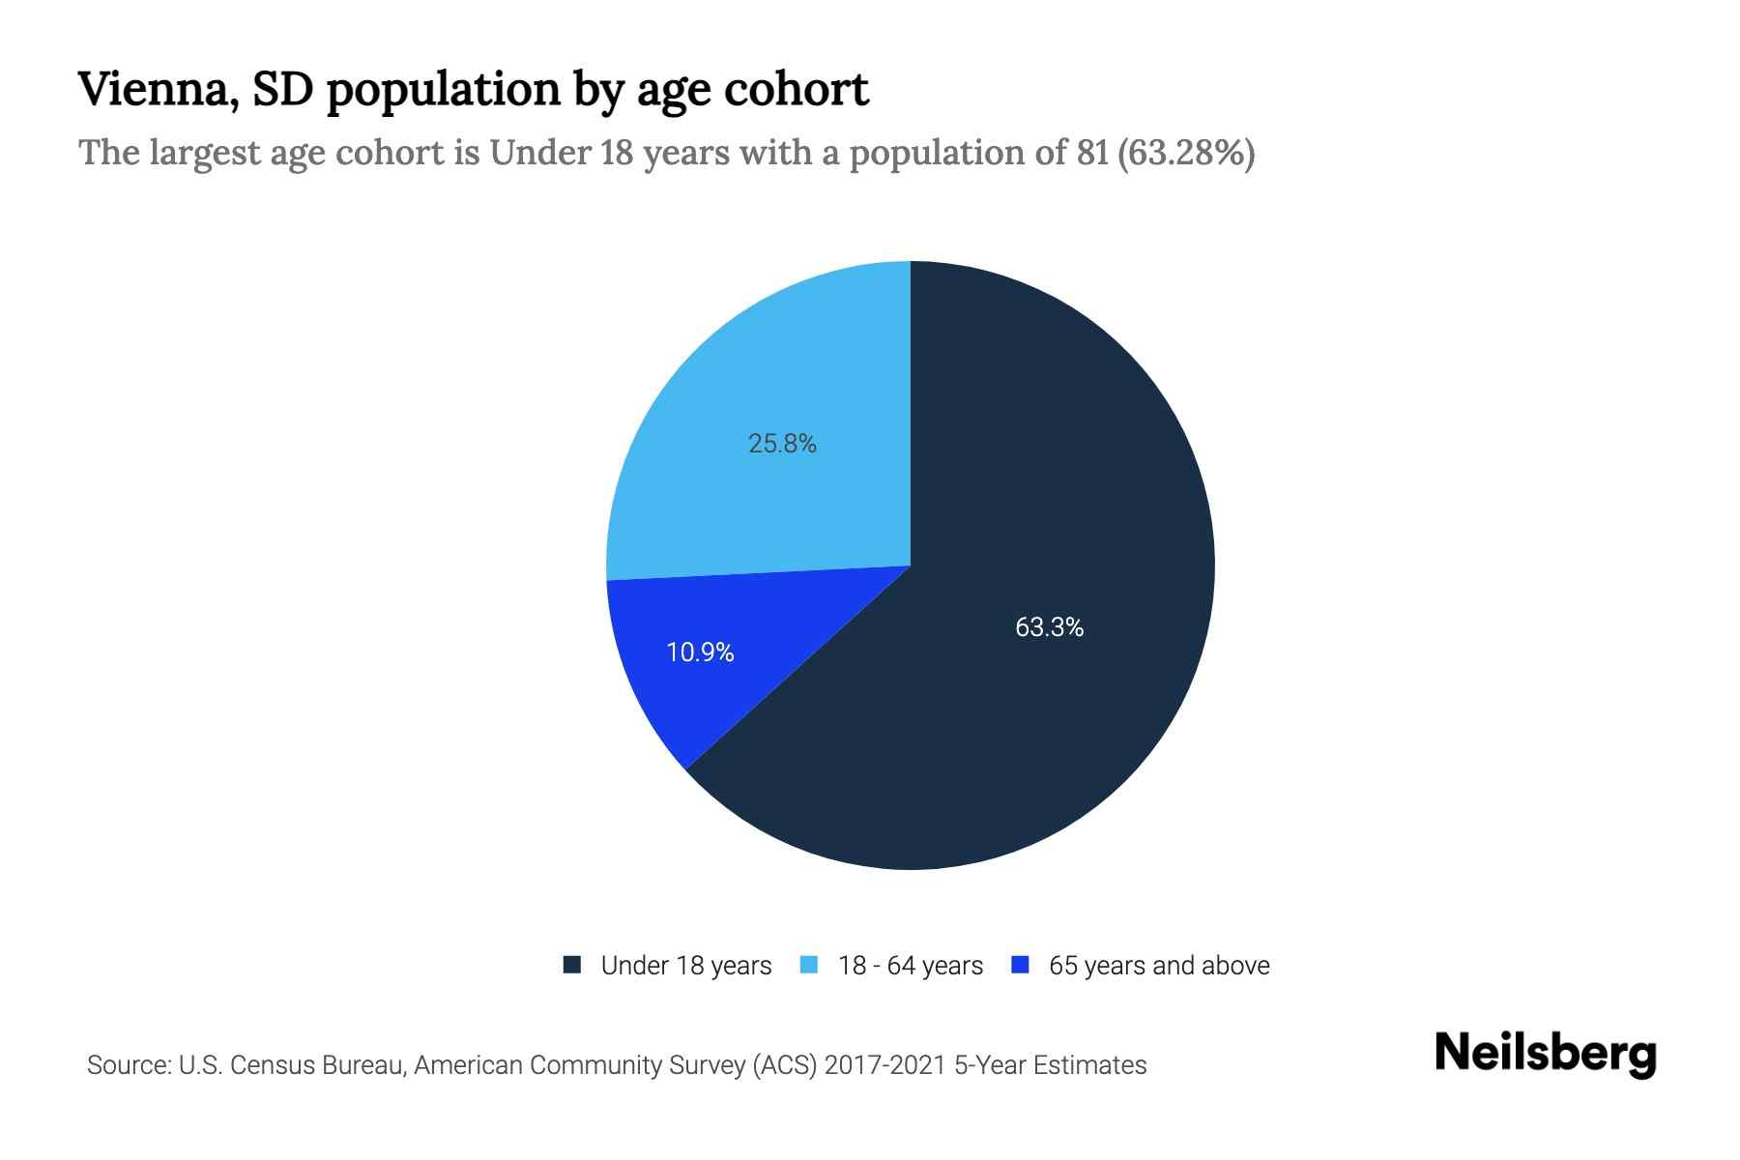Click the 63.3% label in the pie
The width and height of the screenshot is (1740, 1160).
[x=1049, y=627]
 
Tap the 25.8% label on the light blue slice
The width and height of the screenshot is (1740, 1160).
[x=782, y=444]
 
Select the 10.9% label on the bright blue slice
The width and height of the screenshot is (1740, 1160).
[x=700, y=652]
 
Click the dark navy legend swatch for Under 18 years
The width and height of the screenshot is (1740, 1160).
[x=572, y=965]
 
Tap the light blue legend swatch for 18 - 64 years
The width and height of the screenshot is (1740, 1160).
[x=809, y=965]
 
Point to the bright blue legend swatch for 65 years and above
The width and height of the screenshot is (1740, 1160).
[x=1020, y=965]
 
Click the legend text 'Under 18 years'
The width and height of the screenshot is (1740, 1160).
[x=686, y=966]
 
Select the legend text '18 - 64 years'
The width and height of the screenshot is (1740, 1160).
[x=911, y=966]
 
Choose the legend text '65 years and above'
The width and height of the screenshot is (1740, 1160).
[x=1159, y=966]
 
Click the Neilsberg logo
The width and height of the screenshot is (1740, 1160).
[x=1545, y=1054]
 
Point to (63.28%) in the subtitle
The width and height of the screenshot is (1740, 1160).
[x=1185, y=153]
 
